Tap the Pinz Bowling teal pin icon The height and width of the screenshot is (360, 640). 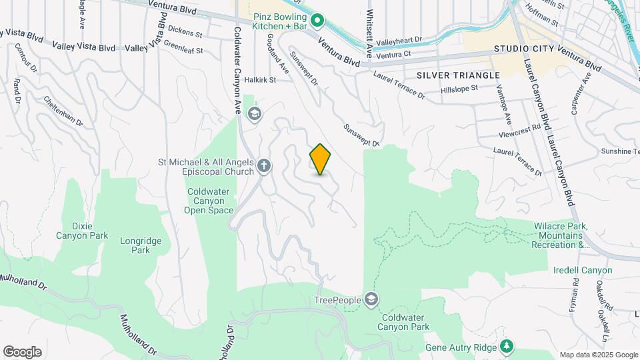pyautogui.click(x=318, y=21)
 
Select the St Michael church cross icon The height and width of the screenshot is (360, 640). pyautogui.click(x=264, y=166)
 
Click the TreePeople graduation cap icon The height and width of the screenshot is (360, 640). pyautogui.click(x=371, y=300)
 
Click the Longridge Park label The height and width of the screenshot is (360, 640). pyautogui.click(x=135, y=245)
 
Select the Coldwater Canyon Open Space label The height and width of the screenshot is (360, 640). pyautogui.click(x=209, y=201)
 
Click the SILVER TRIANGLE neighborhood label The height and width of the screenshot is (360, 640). pyautogui.click(x=457, y=75)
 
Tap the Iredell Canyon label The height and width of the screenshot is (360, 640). pyautogui.click(x=582, y=270)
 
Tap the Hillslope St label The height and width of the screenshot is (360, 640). pyautogui.click(x=460, y=88)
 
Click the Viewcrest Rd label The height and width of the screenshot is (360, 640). pyautogui.click(x=519, y=130)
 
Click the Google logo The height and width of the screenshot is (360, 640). pyautogui.click(x=22, y=352)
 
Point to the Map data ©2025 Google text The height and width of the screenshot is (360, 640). pyautogui.click(x=599, y=355)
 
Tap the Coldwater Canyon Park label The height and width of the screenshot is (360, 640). pyautogui.click(x=403, y=322)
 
